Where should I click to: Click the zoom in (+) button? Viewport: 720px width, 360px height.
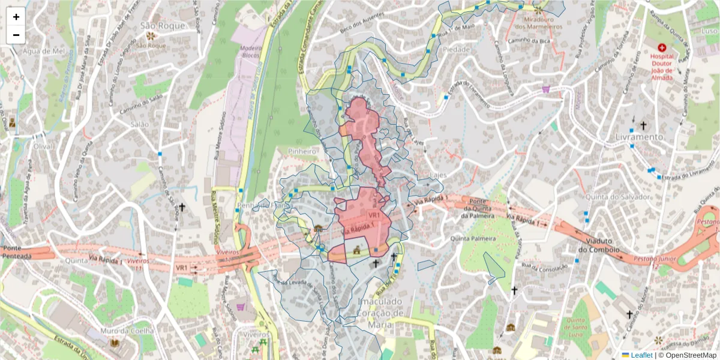coord(16,17)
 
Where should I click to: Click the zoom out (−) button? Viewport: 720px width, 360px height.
coord(16,35)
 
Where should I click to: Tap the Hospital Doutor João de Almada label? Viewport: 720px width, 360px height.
coord(661,66)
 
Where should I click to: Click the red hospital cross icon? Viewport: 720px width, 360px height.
coord(662,47)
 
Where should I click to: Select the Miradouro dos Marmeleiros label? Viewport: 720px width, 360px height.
coord(538,23)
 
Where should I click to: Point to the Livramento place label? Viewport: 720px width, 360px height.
coord(638,137)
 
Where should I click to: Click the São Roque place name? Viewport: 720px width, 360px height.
coord(152,25)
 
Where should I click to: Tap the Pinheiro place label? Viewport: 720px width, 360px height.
coord(302,152)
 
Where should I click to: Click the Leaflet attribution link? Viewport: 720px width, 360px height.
coord(641,355)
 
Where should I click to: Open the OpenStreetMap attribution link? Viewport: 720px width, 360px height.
coord(687,355)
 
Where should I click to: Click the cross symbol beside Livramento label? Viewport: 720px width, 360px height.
coord(643,125)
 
